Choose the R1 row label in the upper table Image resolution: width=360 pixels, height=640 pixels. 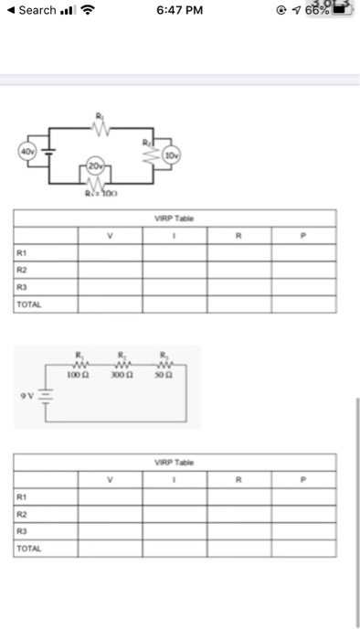click(22, 252)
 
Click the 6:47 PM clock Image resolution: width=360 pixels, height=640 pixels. click(179, 11)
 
